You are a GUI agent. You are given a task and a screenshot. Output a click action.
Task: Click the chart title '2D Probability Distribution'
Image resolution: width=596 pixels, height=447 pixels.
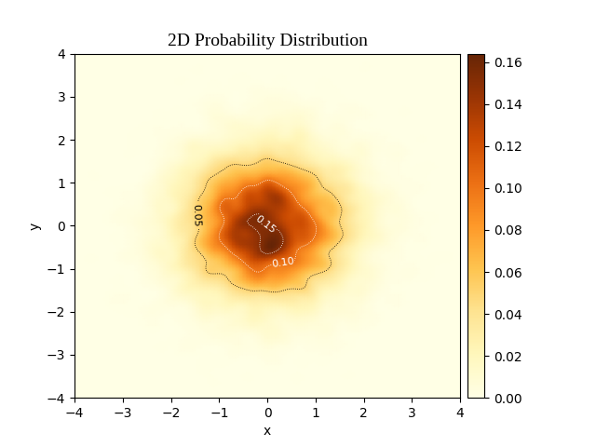267,40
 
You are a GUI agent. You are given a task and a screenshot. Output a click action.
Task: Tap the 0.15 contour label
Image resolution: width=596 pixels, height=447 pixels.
266,224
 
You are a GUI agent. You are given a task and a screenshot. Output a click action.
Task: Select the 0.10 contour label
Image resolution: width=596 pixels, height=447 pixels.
283,262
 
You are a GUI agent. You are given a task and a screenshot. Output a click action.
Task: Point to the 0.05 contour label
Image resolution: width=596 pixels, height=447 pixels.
198,215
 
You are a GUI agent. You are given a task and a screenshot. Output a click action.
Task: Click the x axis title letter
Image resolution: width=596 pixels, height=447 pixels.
267,431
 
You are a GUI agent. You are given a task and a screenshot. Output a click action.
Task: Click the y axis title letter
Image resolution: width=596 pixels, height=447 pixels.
35,226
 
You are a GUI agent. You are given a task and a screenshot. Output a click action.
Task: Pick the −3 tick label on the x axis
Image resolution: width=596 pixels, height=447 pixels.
123,413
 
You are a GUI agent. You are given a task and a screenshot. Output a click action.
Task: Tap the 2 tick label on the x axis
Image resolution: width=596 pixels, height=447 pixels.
364,413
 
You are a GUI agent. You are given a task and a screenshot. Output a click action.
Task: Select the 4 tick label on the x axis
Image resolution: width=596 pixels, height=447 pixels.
460,413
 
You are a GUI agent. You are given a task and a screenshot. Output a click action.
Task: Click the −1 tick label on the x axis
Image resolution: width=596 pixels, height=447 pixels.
220,413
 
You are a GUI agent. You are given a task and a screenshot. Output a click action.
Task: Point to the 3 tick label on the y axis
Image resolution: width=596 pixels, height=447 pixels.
62,97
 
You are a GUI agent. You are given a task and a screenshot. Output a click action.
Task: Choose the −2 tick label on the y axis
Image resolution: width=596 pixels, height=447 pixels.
57,313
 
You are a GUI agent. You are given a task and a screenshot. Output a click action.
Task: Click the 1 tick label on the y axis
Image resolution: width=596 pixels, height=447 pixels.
62,183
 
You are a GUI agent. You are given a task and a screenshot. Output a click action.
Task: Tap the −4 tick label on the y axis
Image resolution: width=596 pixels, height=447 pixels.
57,399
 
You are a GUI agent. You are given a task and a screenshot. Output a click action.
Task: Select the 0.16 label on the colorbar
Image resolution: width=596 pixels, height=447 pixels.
508,62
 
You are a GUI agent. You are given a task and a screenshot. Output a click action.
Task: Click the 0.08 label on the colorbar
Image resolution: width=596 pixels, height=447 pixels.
508,231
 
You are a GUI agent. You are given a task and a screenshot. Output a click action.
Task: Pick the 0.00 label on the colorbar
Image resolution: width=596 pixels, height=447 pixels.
508,399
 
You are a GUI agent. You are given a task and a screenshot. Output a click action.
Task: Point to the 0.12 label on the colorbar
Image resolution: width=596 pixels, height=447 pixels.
508,146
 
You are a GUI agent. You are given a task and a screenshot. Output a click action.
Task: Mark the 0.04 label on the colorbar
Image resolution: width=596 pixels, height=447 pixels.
508,315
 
